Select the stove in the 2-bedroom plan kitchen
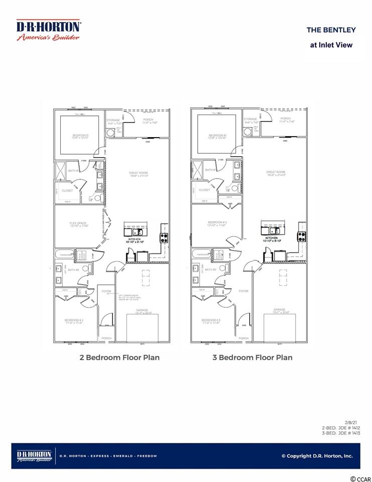(x=164, y=237)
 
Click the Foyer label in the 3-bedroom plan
(x=243, y=291)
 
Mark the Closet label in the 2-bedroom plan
(x=68, y=190)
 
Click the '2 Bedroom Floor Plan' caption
(x=119, y=357)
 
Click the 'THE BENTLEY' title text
(x=331, y=30)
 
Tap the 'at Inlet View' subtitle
(x=331, y=45)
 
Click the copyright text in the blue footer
(x=317, y=456)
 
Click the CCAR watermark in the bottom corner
(x=359, y=478)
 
